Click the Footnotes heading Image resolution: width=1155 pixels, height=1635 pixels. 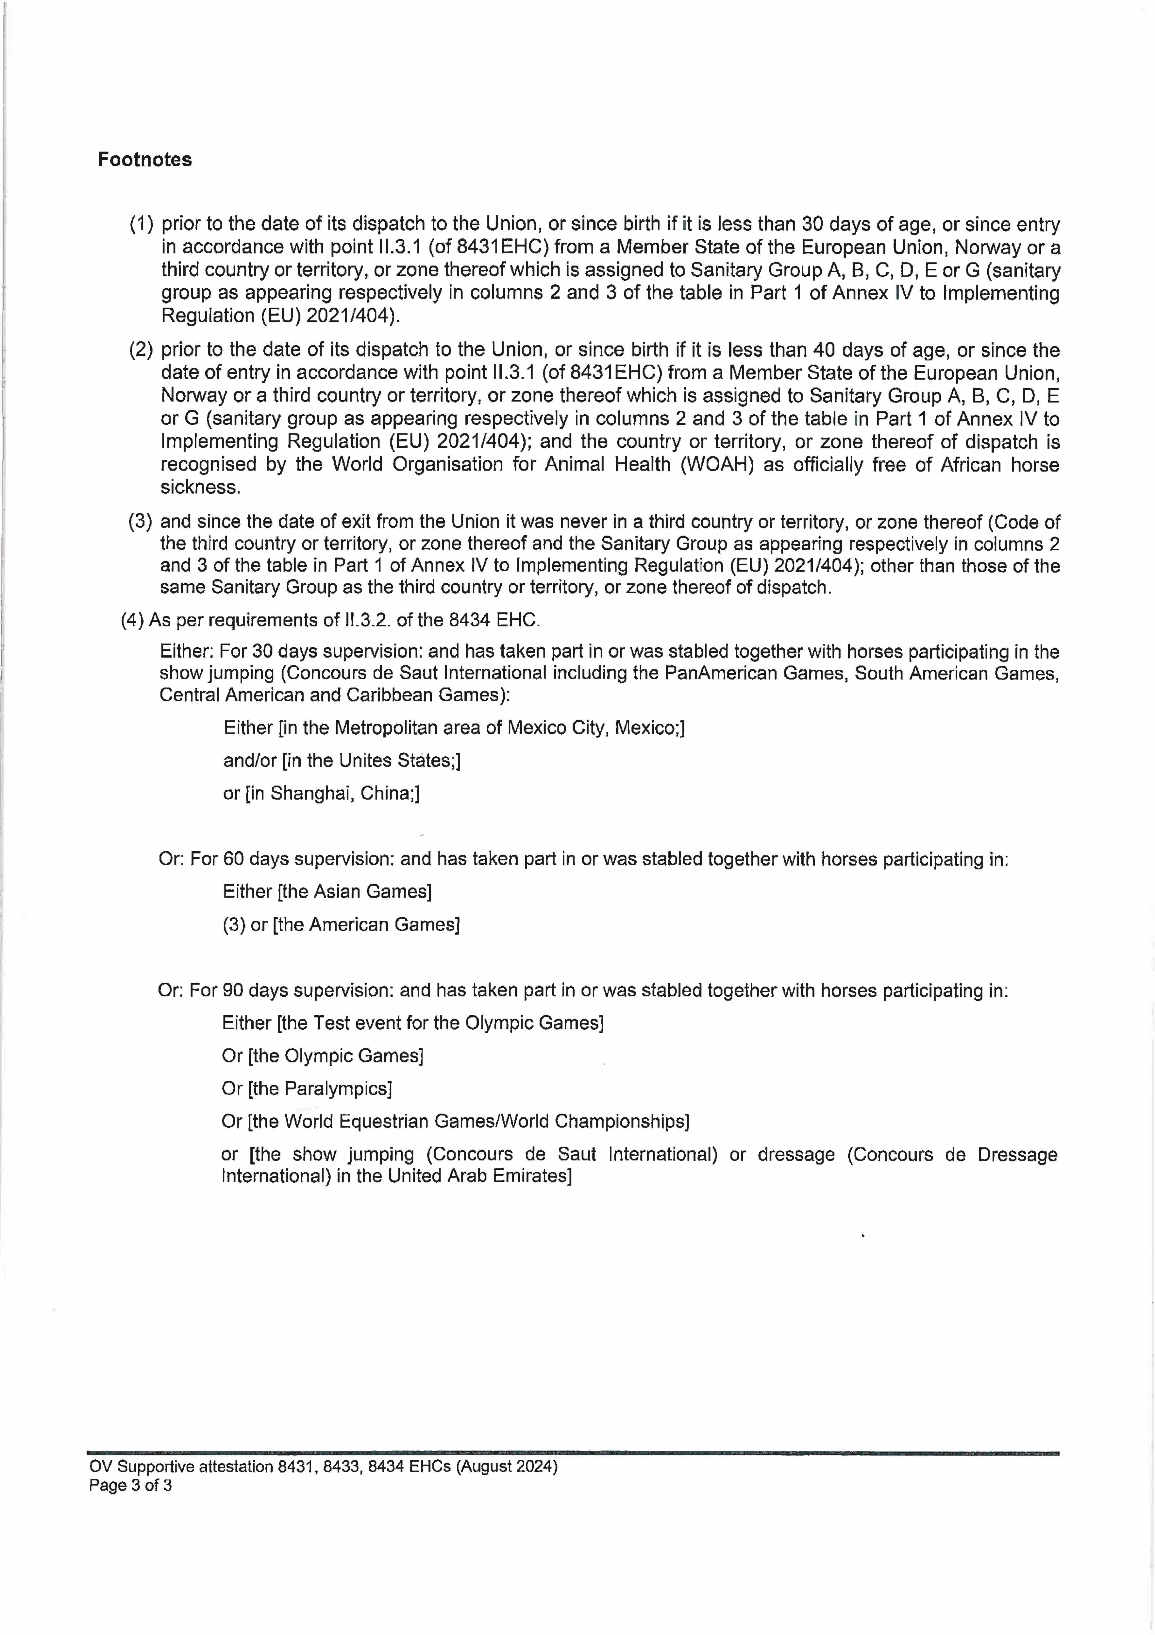(x=144, y=160)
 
